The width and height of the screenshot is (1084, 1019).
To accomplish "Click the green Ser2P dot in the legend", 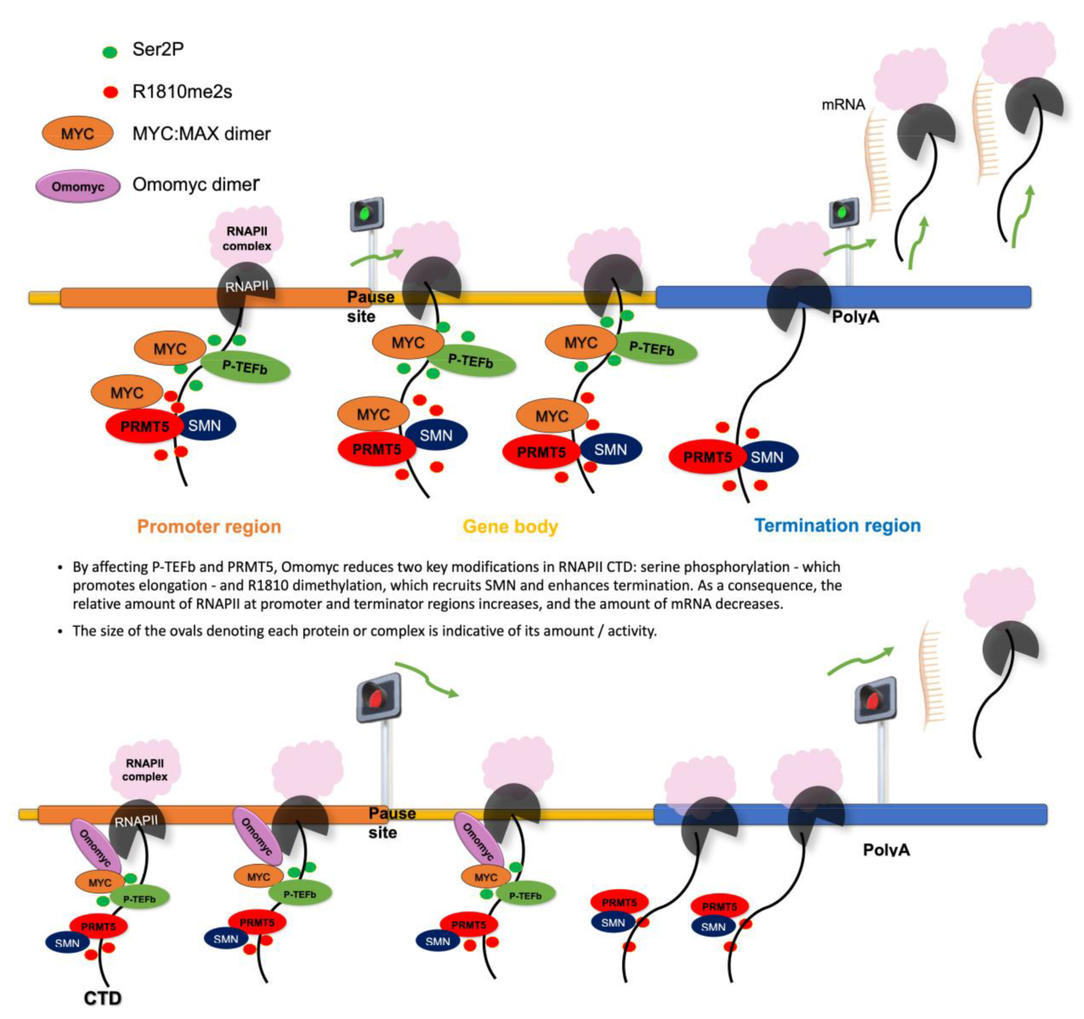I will [x=110, y=52].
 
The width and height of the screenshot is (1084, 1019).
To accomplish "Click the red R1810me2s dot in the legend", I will [x=111, y=92].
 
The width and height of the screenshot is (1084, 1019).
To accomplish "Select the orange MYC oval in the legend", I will [x=78, y=134].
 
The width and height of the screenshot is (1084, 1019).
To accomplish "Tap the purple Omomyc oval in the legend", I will [x=78, y=186].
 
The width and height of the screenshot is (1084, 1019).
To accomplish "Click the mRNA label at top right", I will [x=843, y=105].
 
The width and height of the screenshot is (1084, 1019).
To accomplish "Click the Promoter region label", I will [x=209, y=527].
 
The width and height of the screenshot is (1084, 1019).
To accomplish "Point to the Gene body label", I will [x=511, y=527].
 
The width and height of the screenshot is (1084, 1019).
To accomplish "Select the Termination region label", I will [x=837, y=525].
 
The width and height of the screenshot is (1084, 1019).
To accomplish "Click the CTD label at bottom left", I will [x=103, y=998].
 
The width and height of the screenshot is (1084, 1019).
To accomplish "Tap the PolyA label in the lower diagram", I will [x=886, y=850].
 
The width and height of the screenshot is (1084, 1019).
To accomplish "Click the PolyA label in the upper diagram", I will [x=855, y=317].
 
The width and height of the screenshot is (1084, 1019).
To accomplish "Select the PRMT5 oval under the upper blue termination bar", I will [x=707, y=456].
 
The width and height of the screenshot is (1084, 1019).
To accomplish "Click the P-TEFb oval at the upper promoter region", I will [x=245, y=368].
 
